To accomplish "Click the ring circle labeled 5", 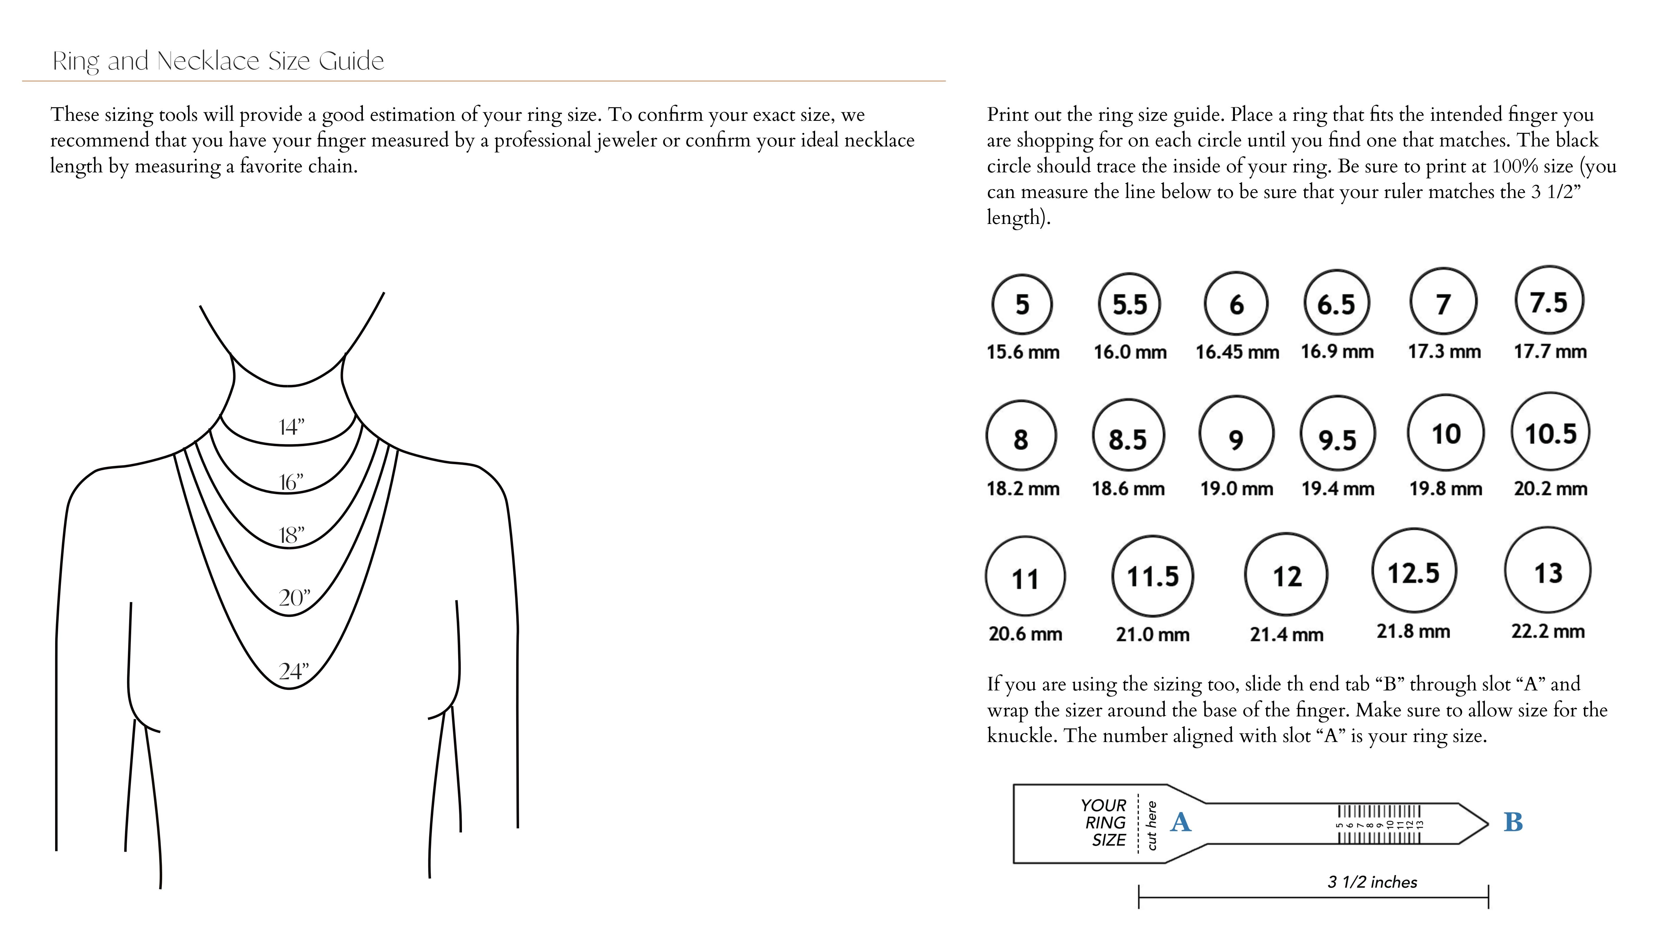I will point(1022,304).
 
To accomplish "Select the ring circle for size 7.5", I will point(1549,301).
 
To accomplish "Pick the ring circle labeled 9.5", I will point(1337,434).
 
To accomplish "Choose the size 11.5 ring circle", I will point(1152,576).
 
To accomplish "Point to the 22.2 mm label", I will point(1548,631).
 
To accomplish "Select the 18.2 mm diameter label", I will point(1023,488).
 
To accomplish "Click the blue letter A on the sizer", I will point(1180,822).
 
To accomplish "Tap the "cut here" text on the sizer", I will point(1152,825).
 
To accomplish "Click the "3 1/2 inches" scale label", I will point(1372,882).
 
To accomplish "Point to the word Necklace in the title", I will point(208,61).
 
